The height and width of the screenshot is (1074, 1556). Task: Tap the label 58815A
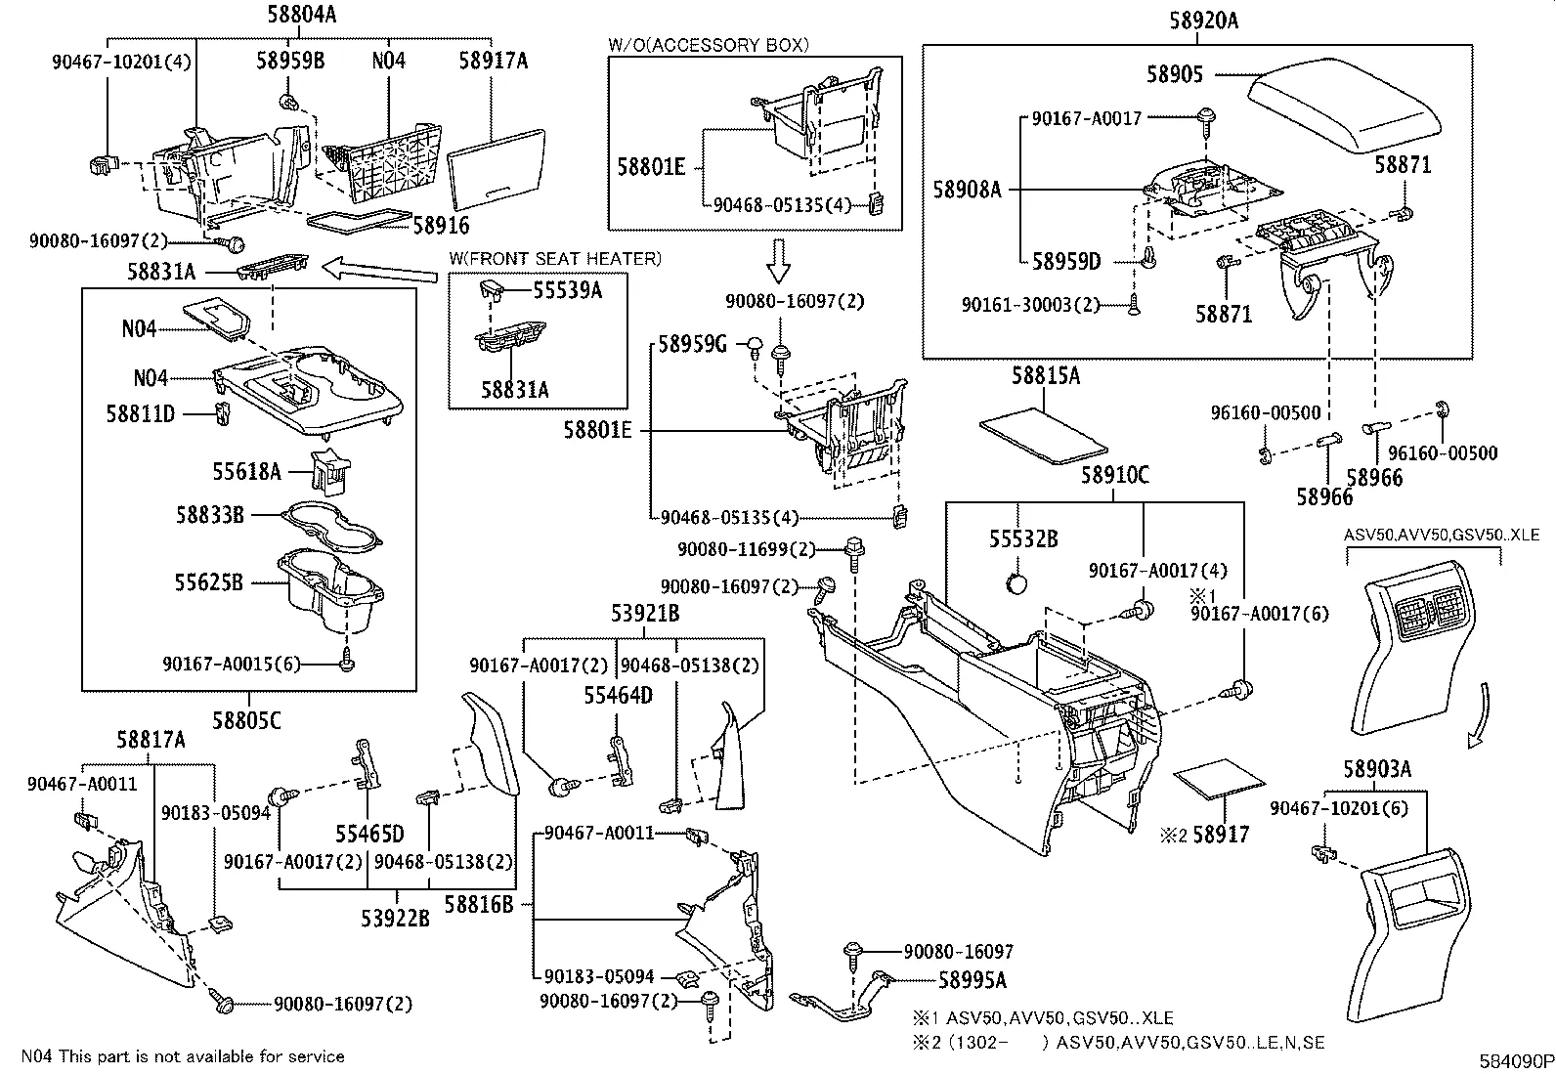pos(1045,376)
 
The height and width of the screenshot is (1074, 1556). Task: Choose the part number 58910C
pos(1114,477)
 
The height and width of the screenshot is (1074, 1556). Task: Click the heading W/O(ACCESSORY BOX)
pos(709,45)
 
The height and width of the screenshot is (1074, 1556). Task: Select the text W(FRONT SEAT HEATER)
pos(554,259)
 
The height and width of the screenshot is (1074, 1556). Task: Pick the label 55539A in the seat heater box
pos(567,291)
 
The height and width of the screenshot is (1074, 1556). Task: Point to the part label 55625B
pos(208,582)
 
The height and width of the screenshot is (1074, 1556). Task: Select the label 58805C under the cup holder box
pos(247,721)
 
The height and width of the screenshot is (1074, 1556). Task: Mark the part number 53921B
pos(644,614)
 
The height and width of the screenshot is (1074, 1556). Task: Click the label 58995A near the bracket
pos(972,979)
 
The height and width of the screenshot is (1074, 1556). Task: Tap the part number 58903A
pos(1376,770)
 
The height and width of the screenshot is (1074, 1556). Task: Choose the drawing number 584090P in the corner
pos(1514,1060)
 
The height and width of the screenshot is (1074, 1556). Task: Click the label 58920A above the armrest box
pos(1203,20)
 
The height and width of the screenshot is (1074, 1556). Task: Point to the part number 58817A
pos(151,741)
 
